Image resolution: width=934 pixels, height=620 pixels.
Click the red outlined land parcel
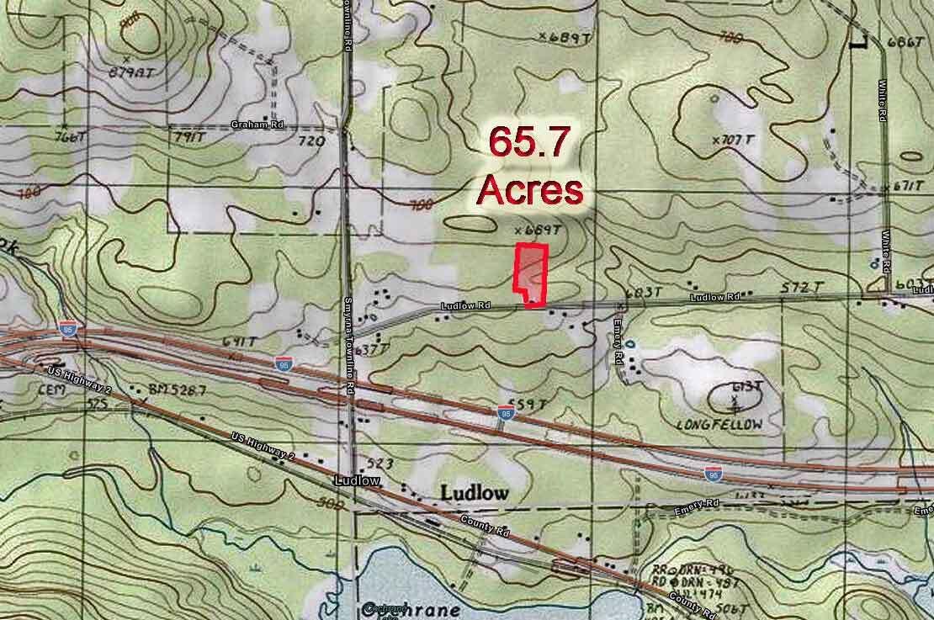[x=532, y=273]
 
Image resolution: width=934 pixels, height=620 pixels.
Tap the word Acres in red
[x=529, y=189]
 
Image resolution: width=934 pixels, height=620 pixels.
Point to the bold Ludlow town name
[x=474, y=493]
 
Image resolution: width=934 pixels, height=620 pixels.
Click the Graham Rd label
[x=257, y=125]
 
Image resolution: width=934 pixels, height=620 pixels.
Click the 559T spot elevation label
[x=530, y=405]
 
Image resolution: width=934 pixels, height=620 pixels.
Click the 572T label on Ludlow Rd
[x=801, y=288]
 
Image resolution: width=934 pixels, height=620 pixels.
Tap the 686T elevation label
[x=906, y=42]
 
